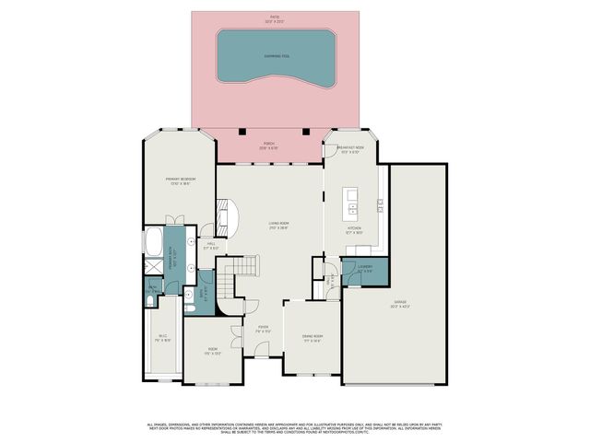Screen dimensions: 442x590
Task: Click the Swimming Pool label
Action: pyautogui.click(x=275, y=55)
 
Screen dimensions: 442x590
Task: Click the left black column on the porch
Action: pyautogui.click(x=241, y=131)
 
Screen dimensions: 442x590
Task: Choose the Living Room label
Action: pyautogui.click(x=278, y=226)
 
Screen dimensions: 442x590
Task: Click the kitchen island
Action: pyautogui.click(x=350, y=199)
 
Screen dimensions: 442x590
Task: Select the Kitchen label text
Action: pyautogui.click(x=355, y=230)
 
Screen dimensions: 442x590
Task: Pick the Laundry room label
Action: pyautogui.click(x=364, y=269)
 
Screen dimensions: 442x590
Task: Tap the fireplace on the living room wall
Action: pyautogui.click(x=222, y=215)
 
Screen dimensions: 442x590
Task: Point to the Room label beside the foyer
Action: pyautogui.click(x=212, y=350)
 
